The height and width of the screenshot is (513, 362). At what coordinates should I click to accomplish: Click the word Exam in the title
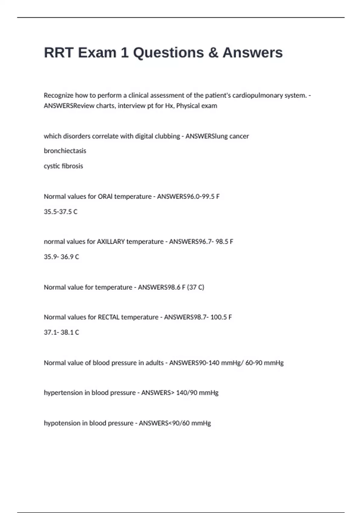pyautogui.click(x=97, y=53)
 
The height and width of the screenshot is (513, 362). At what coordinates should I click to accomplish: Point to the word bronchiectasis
pyautogui.click(x=65, y=151)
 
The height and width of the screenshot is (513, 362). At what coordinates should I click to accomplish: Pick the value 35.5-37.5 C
pyautogui.click(x=61, y=212)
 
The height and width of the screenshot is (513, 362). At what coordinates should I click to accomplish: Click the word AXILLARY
pyautogui.click(x=111, y=241)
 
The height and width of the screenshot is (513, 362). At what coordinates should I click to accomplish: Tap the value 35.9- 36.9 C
pyautogui.click(x=61, y=257)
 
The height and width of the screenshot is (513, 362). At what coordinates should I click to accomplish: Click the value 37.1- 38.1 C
pyautogui.click(x=61, y=332)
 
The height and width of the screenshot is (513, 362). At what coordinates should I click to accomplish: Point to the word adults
pyautogui.click(x=154, y=363)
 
